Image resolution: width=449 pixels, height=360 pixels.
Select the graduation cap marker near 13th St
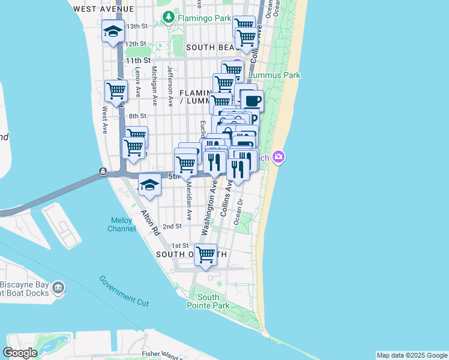(112, 32)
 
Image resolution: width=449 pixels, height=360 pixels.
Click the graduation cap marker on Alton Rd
(149, 185)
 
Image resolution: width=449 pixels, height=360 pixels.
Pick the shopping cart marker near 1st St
(206, 254)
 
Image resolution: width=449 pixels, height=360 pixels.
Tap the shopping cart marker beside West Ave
(116, 91)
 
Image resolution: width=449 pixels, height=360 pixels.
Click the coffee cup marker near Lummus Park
(252, 100)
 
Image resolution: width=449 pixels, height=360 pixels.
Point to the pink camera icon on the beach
(279, 157)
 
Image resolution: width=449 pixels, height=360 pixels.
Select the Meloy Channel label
(121, 224)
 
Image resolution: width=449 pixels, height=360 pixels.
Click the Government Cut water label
(124, 291)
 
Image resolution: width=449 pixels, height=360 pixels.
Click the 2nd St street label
(172, 226)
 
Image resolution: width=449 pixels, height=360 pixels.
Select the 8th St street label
(137, 116)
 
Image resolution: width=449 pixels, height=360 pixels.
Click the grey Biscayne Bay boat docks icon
(58, 289)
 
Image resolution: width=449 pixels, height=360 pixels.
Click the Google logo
(20, 353)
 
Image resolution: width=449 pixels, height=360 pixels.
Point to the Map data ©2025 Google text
(411, 355)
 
